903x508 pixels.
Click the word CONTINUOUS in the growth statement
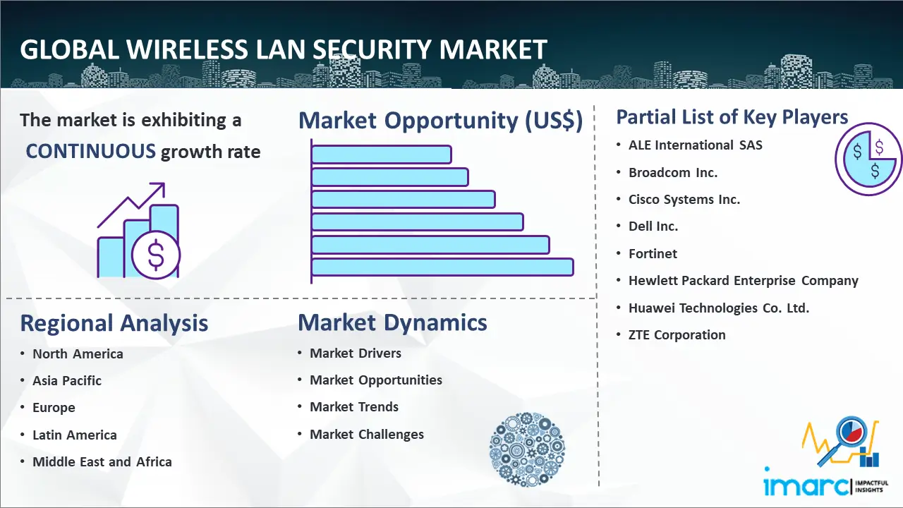91,152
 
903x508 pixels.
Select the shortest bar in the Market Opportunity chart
382,155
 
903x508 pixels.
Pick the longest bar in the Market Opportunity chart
442,267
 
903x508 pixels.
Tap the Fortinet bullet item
653,253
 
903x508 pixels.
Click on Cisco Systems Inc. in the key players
684,200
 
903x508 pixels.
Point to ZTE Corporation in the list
677,334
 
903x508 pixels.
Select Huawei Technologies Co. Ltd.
719,308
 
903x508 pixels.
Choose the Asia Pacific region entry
67,380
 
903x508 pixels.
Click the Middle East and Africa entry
102,461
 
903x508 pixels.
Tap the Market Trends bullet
354,407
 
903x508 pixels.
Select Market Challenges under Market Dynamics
367,434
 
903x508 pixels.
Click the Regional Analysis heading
114,323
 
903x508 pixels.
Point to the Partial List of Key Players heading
732,117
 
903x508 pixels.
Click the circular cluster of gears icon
527,449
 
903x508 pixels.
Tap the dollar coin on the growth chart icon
156,255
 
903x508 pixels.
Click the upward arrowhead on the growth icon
159,189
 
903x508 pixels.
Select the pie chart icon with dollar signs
868,159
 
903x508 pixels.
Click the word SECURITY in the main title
372,49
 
